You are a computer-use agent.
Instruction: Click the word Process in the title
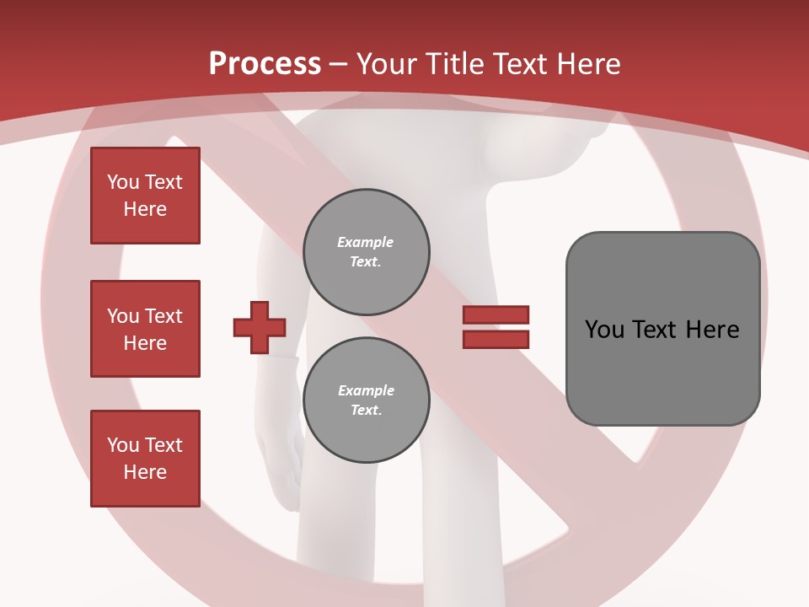(x=265, y=64)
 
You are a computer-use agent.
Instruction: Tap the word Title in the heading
(x=457, y=64)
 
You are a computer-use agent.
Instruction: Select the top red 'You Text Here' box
(x=145, y=196)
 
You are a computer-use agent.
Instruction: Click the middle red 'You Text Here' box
(x=145, y=329)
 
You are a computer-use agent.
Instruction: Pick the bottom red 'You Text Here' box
(x=145, y=458)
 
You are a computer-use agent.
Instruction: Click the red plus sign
(x=260, y=327)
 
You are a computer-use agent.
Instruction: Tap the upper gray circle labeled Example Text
(x=366, y=251)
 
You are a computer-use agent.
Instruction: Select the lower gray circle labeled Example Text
(x=366, y=400)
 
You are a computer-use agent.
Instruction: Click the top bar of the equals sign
(x=496, y=314)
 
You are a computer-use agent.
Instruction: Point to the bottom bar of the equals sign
(x=496, y=339)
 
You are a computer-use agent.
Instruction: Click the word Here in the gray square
(x=712, y=330)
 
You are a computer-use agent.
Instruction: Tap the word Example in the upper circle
(x=366, y=242)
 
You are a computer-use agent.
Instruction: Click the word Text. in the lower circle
(x=366, y=411)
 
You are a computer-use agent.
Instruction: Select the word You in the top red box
(x=123, y=182)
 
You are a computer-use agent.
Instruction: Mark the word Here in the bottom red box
(x=145, y=472)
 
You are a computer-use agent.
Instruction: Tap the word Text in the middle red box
(x=163, y=316)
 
